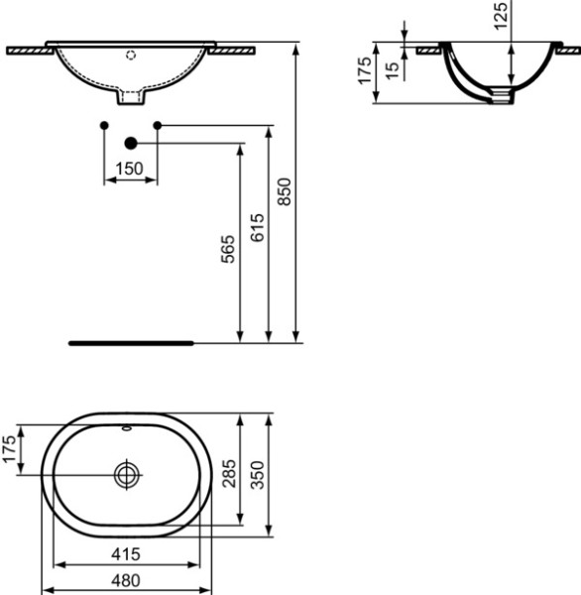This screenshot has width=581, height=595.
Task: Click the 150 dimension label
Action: coord(130,168)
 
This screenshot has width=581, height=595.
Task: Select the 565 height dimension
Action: coord(227,249)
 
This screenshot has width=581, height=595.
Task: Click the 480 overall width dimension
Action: coord(126,580)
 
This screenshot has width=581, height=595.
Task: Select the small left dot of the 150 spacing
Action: coord(104,125)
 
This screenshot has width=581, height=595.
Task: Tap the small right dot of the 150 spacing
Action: coord(157,125)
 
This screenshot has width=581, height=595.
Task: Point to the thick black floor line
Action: coord(132,342)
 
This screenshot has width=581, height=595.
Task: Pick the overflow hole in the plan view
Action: coord(126,430)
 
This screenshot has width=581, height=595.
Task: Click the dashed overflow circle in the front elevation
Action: coord(131,56)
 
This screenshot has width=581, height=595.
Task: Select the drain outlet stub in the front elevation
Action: coord(131,96)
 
